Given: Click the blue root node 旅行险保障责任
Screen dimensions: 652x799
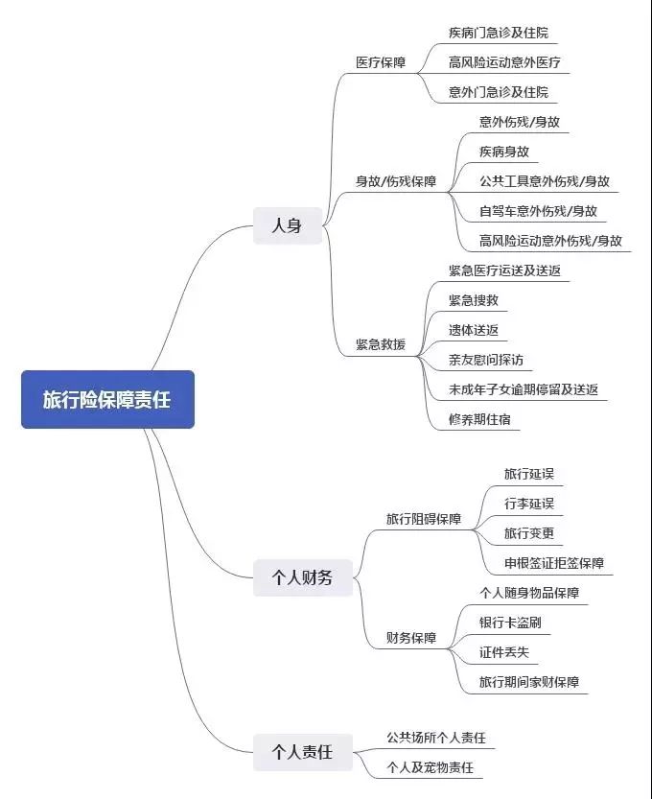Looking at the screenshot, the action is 107,399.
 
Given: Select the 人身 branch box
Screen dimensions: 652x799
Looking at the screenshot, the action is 288,225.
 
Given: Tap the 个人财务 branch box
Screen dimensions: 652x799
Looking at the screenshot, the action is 303,577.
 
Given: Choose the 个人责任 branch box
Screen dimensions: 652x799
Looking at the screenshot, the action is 303,752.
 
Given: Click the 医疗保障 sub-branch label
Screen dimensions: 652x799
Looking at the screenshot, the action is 381,62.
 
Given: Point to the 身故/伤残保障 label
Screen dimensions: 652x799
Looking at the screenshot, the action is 396,181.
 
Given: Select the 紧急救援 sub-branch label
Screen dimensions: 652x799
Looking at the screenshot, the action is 381,344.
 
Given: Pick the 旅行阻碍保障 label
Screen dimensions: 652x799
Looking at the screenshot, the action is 424,519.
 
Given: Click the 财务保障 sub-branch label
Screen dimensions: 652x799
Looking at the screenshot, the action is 411,638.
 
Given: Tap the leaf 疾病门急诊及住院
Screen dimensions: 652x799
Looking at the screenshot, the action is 499,33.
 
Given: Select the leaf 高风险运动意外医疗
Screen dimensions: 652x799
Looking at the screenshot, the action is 504,62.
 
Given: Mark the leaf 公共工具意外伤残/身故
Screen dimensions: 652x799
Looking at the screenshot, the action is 545,181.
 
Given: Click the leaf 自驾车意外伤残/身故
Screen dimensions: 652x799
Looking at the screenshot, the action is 539,211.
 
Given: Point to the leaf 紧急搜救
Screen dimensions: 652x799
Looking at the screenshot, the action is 474,300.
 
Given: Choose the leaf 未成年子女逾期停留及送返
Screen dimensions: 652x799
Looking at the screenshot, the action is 524,389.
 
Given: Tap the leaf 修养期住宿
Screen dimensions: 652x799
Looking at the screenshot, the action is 479,419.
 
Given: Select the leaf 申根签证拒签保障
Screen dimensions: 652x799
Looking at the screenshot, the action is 554,563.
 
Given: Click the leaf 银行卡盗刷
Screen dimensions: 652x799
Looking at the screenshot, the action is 510,623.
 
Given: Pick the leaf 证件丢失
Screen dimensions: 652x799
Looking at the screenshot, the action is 504,652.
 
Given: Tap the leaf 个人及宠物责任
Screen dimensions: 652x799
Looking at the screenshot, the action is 431,767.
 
